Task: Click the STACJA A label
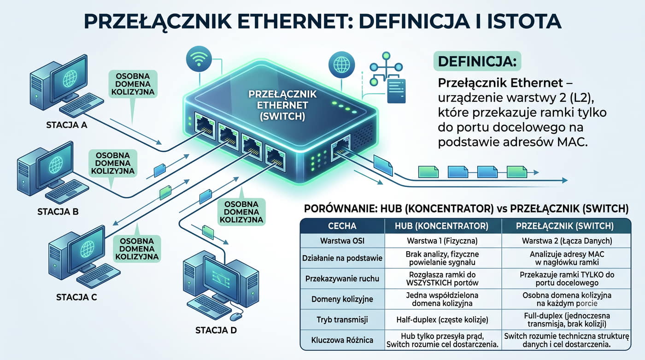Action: tap(66, 125)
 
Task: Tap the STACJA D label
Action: tap(216, 330)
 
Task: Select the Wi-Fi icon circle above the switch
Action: tap(199, 59)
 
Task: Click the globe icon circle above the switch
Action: tap(341, 65)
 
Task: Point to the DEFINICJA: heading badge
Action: tap(477, 61)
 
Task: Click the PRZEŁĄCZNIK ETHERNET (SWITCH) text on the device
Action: tap(282, 105)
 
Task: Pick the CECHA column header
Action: tap(342, 226)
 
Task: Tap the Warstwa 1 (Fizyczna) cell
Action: tap(442, 241)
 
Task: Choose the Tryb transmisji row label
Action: tap(342, 320)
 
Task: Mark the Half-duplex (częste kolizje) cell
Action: tap(442, 320)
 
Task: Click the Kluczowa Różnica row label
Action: tap(342, 340)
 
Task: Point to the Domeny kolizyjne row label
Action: tap(342, 299)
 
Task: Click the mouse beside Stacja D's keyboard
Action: tap(236, 317)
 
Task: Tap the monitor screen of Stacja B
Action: tap(55, 165)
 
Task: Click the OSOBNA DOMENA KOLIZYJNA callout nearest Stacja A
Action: tap(133, 84)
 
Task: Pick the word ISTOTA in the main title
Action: tap(524, 21)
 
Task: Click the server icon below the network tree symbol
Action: tap(397, 91)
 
